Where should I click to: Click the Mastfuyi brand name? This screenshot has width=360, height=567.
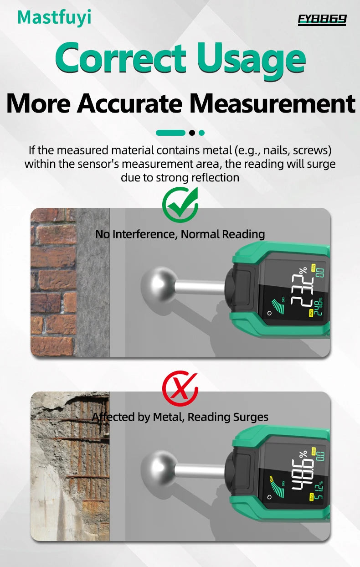(54, 17)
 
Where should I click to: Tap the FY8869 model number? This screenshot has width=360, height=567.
(322, 19)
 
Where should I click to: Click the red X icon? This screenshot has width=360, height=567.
(180, 388)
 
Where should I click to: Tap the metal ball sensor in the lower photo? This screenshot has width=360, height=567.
(157, 470)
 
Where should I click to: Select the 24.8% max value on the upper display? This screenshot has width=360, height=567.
(318, 306)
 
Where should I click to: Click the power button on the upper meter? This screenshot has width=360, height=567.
(270, 313)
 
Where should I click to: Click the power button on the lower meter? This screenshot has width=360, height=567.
(270, 495)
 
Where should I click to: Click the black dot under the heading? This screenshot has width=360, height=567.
(192, 133)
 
